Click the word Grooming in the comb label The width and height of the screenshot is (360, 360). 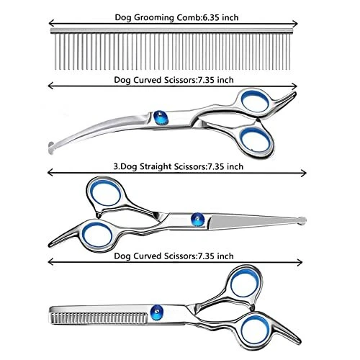(x=153, y=18)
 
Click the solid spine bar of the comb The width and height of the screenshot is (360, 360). (x=172, y=31)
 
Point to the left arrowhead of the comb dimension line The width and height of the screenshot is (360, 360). (x=50, y=23)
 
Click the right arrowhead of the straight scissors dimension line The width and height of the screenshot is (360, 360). (x=304, y=173)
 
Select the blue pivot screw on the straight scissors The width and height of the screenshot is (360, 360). (x=198, y=220)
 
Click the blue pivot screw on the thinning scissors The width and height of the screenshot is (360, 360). (x=157, y=312)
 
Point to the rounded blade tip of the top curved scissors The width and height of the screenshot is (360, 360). (x=51, y=148)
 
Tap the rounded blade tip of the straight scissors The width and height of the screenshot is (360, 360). (x=302, y=220)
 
